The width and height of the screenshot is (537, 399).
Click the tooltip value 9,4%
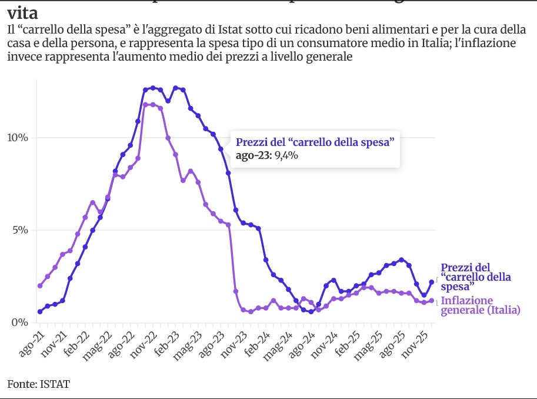coord(288,157)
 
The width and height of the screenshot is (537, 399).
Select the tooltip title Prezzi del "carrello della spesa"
coord(314,142)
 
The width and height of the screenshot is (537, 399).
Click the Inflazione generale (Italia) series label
coord(481,305)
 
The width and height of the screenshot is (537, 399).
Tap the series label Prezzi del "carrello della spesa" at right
coord(476,277)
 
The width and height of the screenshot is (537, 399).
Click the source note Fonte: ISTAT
coord(39,384)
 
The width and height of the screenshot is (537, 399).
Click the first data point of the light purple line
coord(40,286)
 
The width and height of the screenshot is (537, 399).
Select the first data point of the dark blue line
coord(40,311)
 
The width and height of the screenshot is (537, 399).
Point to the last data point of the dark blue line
coord(432,282)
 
